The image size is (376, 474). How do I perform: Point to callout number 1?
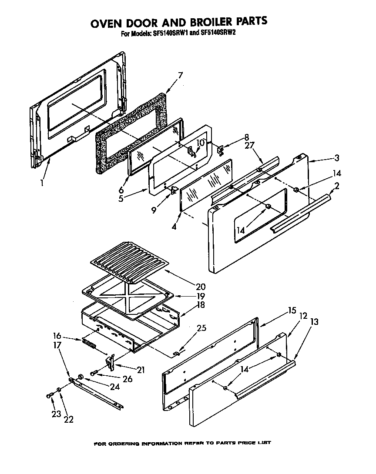click(x=42, y=183)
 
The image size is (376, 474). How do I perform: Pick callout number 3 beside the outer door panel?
click(x=337, y=158)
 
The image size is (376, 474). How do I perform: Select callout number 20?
click(x=201, y=287)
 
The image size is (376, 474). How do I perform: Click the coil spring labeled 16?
click(x=89, y=345)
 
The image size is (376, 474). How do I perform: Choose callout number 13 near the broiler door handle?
click(x=314, y=322)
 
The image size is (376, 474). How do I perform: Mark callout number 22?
click(x=68, y=419)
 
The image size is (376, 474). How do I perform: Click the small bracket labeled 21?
click(x=111, y=361)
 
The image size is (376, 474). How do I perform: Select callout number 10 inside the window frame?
click(x=200, y=142)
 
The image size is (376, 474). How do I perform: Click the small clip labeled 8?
click(x=221, y=150)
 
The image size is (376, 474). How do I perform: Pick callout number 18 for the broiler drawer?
click(x=201, y=305)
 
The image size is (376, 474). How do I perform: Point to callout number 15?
click(x=291, y=310)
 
